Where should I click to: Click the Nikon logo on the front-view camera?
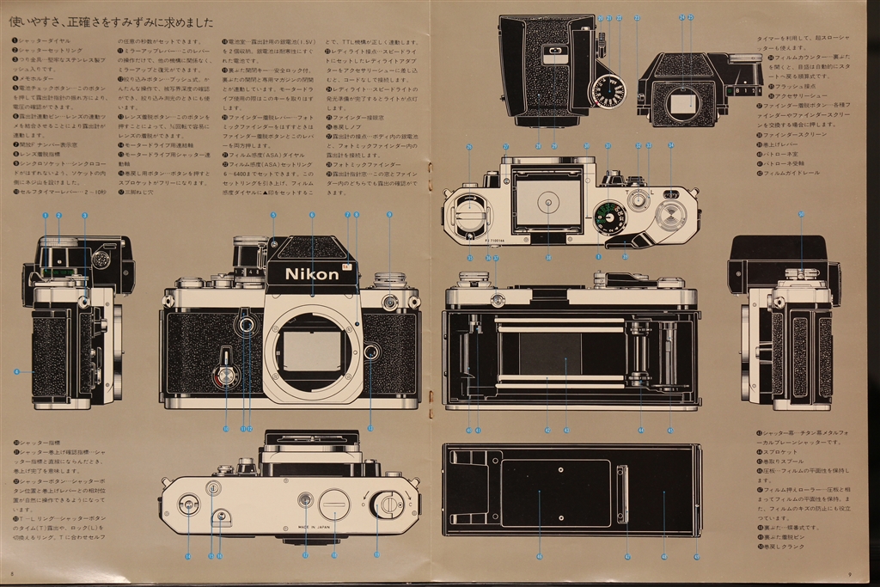click(312, 274)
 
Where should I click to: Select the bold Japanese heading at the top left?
click(111, 21)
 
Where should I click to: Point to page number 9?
click(849, 574)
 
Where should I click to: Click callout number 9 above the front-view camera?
click(389, 214)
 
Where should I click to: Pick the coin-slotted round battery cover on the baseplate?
click(334, 504)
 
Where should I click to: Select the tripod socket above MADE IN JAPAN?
click(304, 499)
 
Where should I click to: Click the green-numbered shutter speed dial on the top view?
click(610, 217)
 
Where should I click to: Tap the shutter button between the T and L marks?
click(638, 201)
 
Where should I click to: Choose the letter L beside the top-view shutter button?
click(652, 192)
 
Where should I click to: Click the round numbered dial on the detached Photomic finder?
click(609, 90)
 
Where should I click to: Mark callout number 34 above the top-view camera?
click(670, 145)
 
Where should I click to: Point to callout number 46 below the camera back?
click(539, 557)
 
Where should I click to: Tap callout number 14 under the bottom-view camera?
click(188, 557)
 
